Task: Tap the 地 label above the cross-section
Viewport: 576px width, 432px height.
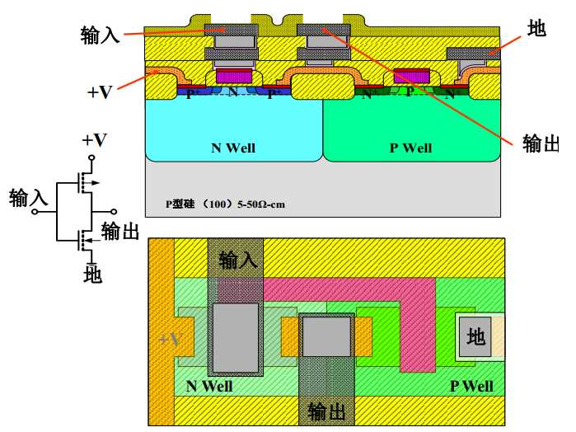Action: pyautogui.click(x=536, y=30)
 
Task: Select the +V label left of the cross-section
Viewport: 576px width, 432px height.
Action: pyautogui.click(x=100, y=92)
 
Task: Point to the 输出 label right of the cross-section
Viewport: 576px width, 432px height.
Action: pyautogui.click(x=539, y=142)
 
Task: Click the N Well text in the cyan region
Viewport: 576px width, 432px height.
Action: pyautogui.click(x=233, y=148)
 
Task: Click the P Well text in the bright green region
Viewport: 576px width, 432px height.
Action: pyautogui.click(x=410, y=148)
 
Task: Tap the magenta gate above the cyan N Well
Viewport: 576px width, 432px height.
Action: pyautogui.click(x=233, y=77)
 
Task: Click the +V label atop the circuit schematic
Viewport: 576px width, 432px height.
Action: pyautogui.click(x=94, y=139)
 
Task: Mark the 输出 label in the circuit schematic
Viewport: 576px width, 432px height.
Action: pyautogui.click(x=120, y=230)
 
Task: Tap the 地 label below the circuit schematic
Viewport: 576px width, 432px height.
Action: pyautogui.click(x=93, y=275)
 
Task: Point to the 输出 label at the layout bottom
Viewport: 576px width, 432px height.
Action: pyautogui.click(x=327, y=411)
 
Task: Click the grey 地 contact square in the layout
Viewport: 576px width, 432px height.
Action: pyautogui.click(x=475, y=336)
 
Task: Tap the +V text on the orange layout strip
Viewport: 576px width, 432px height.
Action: pyautogui.click(x=169, y=339)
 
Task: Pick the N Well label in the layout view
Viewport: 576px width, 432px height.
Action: pyautogui.click(x=209, y=386)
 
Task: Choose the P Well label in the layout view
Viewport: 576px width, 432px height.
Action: pyautogui.click(x=471, y=386)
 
